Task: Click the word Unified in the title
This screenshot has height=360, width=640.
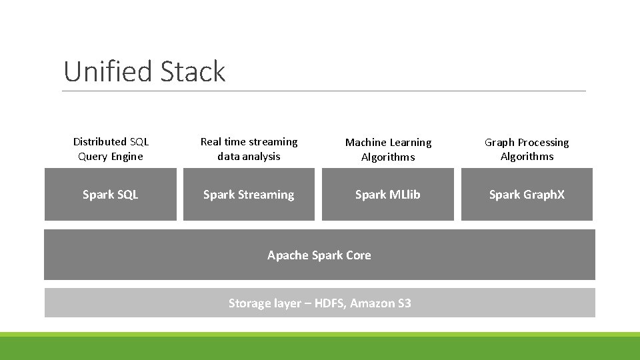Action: click(x=105, y=71)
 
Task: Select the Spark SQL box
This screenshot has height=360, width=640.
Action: click(x=111, y=194)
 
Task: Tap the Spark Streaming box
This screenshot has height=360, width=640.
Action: click(x=249, y=194)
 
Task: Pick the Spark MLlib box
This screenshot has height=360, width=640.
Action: click(x=387, y=194)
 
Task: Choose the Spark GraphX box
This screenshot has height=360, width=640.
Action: click(x=527, y=194)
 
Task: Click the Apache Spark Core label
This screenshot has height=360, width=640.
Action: click(x=319, y=255)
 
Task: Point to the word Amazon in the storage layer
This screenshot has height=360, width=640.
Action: click(x=373, y=303)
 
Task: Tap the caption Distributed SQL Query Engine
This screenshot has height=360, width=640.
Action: click(x=111, y=149)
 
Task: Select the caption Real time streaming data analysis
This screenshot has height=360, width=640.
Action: click(x=249, y=149)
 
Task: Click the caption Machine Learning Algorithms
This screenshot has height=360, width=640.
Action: click(x=388, y=149)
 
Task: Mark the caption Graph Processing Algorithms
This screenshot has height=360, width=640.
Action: click(x=527, y=149)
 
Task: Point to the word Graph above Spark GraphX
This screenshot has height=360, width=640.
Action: click(x=499, y=143)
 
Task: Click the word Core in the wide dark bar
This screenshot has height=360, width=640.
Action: click(x=358, y=255)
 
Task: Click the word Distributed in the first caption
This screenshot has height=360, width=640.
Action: click(x=99, y=141)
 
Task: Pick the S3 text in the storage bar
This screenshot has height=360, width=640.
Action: click(x=404, y=303)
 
